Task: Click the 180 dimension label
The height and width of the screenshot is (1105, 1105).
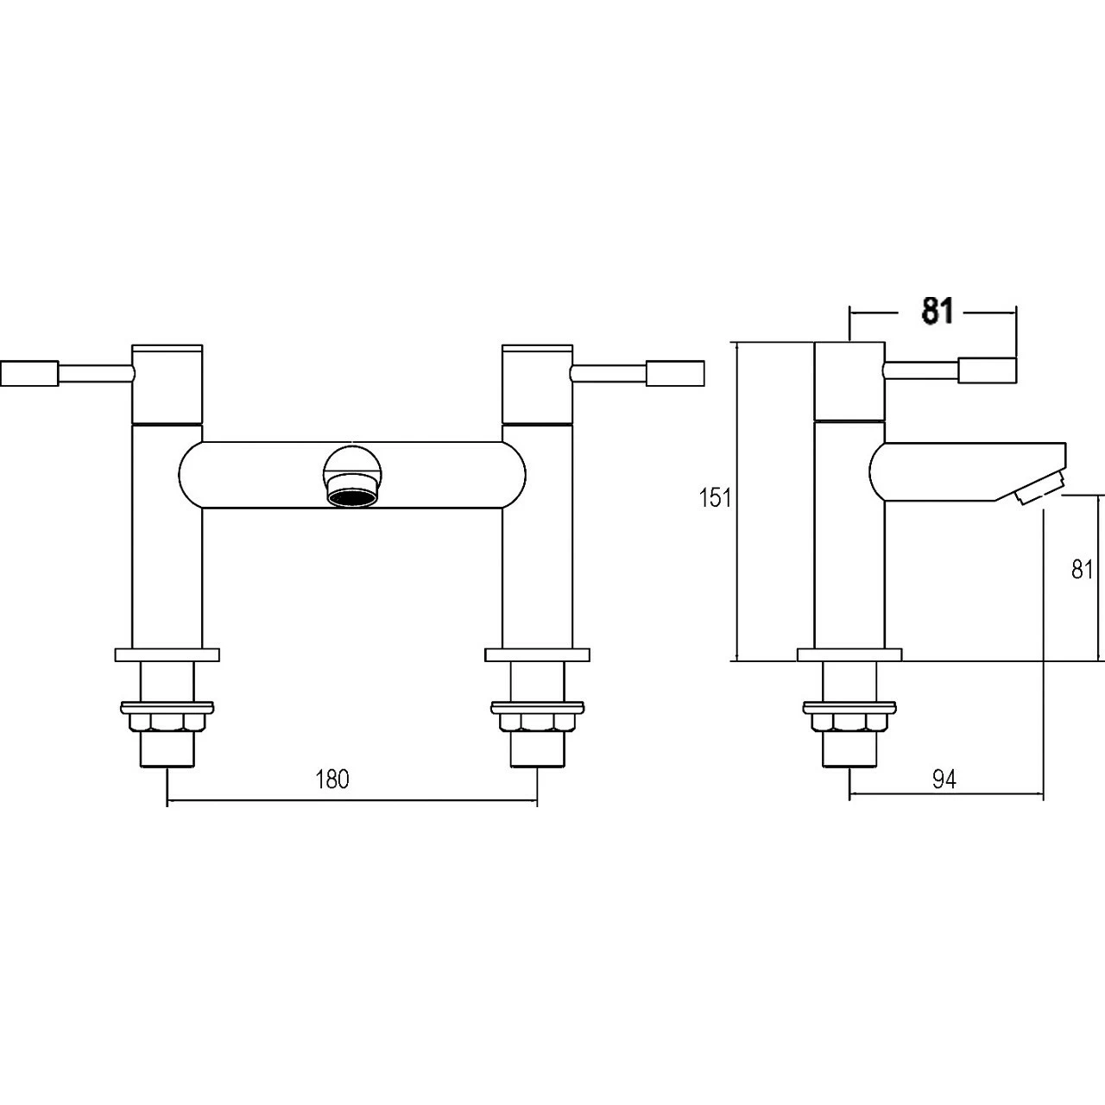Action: pos(332,779)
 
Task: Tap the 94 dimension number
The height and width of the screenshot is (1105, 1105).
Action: pos(944,779)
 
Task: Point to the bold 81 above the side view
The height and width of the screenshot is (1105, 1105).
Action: pos(938,312)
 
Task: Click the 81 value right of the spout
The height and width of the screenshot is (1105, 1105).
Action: pos(1083,569)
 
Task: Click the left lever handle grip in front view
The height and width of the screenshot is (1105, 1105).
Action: pos(30,373)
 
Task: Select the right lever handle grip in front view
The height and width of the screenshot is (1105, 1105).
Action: pos(676,373)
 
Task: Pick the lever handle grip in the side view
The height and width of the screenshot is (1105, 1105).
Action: pos(988,370)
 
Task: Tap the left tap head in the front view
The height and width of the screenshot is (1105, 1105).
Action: pos(167,382)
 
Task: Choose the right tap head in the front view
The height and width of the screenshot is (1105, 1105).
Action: pos(537,382)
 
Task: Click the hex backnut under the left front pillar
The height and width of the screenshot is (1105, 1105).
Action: pos(167,719)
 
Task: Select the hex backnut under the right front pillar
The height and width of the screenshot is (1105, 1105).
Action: pos(537,719)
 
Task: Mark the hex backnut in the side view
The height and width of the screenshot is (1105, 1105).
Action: pos(849,719)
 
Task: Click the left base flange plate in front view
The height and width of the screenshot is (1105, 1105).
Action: pos(167,655)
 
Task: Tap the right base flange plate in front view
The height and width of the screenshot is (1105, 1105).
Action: pos(537,655)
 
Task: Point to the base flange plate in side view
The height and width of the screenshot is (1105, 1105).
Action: pos(849,655)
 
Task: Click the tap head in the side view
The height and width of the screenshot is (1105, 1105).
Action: pos(849,381)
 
